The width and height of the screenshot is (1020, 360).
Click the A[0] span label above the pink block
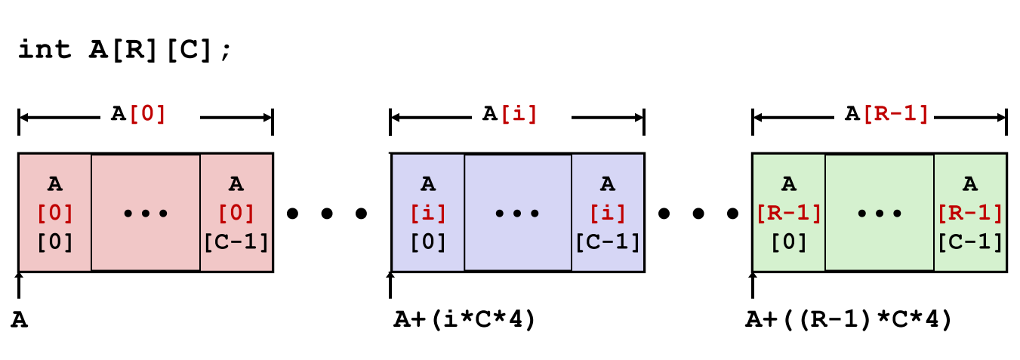(x=138, y=114)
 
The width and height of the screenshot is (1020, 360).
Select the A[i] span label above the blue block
(x=510, y=114)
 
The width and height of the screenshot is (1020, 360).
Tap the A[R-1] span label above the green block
(x=886, y=114)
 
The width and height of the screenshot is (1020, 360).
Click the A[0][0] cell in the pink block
(x=55, y=212)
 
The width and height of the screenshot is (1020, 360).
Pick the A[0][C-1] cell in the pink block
(x=236, y=212)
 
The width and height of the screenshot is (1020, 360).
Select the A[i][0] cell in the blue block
(x=427, y=212)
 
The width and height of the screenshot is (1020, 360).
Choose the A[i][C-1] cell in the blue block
(x=608, y=212)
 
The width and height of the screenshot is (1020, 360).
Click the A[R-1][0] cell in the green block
(x=789, y=212)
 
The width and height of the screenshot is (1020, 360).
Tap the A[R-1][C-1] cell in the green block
(x=970, y=212)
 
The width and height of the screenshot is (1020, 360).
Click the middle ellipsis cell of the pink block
(x=146, y=212)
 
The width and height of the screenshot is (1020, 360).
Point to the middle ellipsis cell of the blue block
(x=517, y=212)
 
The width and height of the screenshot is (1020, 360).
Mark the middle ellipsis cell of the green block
(x=880, y=212)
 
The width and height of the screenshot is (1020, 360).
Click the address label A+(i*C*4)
(x=464, y=320)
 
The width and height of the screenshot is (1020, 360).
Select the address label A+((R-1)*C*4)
(x=849, y=320)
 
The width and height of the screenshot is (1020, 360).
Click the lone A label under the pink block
(x=20, y=320)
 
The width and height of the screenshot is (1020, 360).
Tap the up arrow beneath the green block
(x=752, y=285)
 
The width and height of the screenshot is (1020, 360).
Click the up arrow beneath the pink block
(x=19, y=285)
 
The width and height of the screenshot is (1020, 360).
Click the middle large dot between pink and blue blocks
(x=327, y=214)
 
